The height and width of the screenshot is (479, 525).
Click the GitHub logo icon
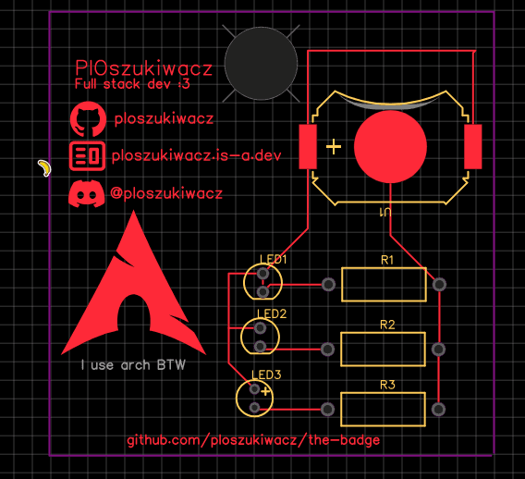point(88,119)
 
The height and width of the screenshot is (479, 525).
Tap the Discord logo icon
point(86,193)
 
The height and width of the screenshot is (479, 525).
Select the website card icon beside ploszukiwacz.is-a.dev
point(88,155)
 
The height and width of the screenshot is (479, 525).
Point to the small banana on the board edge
point(44,167)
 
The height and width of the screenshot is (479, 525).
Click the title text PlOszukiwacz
point(143,68)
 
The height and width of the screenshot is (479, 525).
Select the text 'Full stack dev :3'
point(132,84)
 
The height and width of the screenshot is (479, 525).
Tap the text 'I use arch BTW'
point(133,364)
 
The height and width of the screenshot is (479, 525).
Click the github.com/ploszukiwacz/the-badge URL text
point(253,440)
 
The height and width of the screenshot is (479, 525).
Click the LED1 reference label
point(274,259)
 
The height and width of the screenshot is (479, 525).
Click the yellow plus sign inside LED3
point(265,391)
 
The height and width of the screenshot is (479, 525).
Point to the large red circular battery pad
point(390,147)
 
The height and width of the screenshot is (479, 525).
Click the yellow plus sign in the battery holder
point(334,147)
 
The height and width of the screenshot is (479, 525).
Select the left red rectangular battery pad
point(308,146)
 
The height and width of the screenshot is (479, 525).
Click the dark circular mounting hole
point(262,64)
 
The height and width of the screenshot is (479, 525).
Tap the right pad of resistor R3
point(439,410)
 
